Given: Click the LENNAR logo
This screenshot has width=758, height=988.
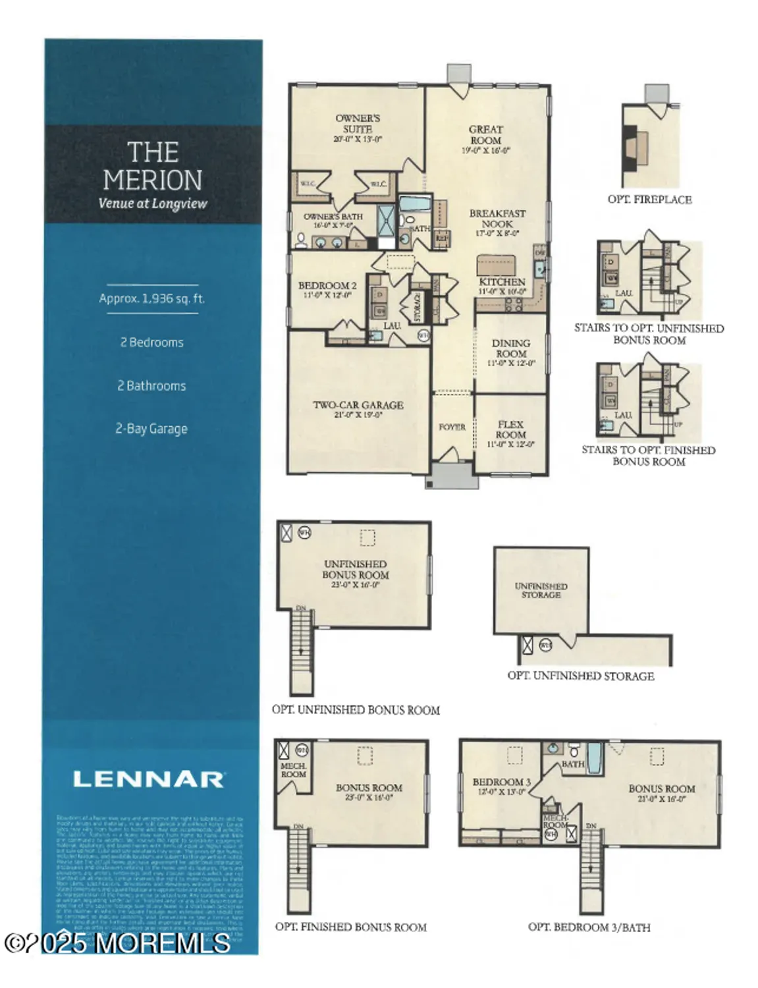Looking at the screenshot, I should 148,779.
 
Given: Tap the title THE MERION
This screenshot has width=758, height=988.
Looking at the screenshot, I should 153,166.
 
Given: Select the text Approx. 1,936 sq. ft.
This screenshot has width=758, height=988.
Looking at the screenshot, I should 152,298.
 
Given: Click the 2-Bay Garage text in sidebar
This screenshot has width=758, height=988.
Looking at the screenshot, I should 151,429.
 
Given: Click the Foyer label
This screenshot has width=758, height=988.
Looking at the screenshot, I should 452,427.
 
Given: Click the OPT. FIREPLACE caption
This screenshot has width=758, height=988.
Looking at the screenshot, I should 649,200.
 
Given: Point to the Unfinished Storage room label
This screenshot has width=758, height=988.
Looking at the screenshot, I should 541,590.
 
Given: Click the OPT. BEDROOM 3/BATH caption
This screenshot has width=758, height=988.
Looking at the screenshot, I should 589,927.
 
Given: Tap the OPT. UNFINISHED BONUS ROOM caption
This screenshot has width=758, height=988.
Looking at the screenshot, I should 356,710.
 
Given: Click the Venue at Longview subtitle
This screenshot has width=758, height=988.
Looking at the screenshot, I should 153,204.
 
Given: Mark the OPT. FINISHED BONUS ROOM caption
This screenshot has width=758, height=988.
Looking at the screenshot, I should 351,927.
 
